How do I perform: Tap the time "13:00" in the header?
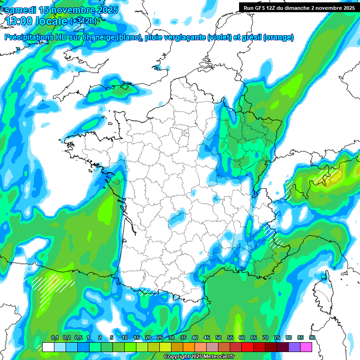click(x=19, y=21)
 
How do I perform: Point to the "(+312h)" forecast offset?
click(x=83, y=21)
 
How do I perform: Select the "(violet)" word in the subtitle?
click(x=219, y=37)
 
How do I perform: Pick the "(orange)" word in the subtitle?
click(x=278, y=37)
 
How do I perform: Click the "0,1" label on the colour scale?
click(x=54, y=338)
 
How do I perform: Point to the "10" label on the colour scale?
click(x=124, y=338)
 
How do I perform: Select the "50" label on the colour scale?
click(x=218, y=338)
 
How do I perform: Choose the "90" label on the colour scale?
click(x=312, y=338)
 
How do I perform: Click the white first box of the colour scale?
click(x=48, y=347)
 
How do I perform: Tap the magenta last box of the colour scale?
click(x=306, y=347)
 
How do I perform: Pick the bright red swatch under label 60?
click(x=247, y=347)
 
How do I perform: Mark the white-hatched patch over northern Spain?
click(x=51, y=285)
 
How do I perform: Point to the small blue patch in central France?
click(x=176, y=217)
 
